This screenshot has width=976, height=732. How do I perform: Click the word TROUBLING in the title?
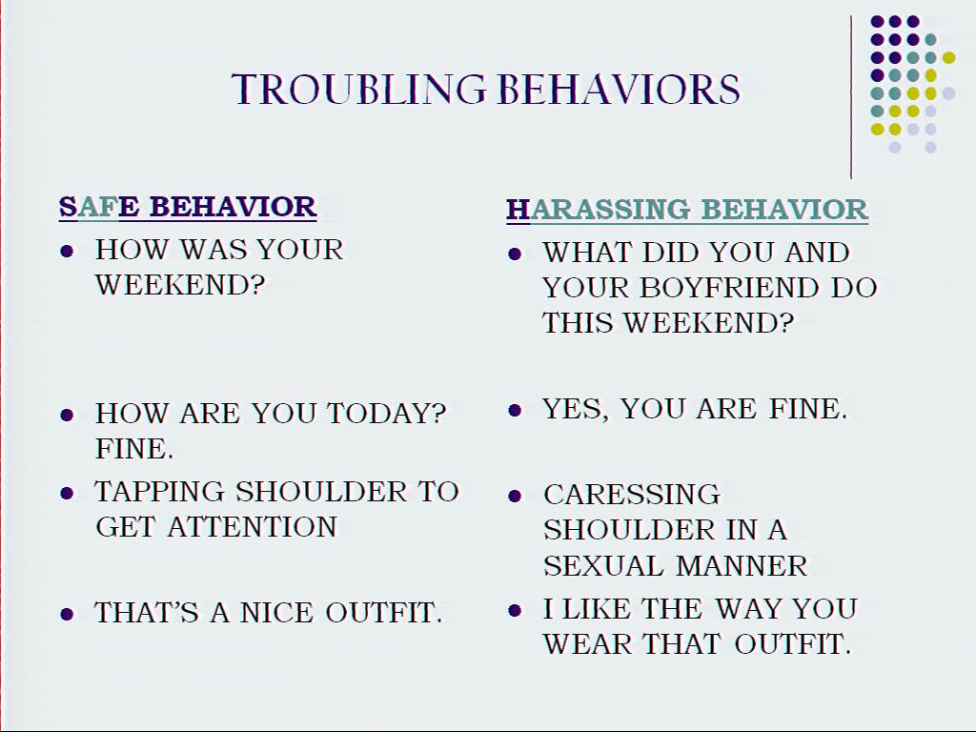(x=359, y=90)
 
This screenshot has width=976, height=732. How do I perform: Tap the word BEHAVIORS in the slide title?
(x=620, y=90)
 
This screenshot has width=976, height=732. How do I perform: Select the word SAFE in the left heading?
(x=99, y=207)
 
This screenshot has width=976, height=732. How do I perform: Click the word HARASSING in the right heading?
(x=599, y=211)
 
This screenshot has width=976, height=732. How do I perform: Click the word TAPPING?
(x=159, y=492)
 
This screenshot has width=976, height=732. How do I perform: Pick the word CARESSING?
(x=632, y=495)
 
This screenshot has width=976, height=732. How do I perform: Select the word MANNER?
(x=742, y=566)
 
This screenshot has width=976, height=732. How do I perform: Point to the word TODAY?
(x=387, y=414)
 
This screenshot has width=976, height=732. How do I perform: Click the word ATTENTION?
(x=252, y=527)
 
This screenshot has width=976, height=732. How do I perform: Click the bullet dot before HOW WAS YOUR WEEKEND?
(x=67, y=252)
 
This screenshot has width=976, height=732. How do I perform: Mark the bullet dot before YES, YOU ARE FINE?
(x=515, y=410)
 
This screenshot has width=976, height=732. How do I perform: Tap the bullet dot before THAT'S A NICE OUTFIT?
(x=67, y=615)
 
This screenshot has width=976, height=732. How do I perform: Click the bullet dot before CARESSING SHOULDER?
(x=515, y=496)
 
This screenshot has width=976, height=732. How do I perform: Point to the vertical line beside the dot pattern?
(x=851, y=98)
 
